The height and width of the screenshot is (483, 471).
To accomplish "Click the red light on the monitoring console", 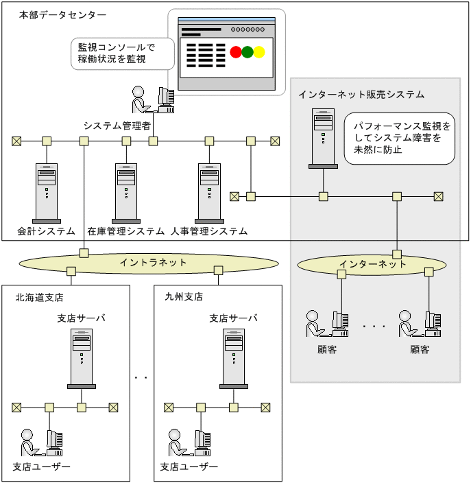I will pos(236,52).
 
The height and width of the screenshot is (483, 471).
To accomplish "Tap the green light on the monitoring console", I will pos(247,52).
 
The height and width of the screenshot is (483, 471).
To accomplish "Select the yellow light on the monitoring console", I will pos(259,52).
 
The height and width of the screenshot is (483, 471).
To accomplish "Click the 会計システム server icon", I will pos(47,189).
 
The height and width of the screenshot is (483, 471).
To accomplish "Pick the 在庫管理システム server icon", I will pos(126,189).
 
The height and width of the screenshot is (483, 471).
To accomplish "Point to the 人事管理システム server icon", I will pos(208,189).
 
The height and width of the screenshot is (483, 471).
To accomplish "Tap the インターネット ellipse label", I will pos(372,264).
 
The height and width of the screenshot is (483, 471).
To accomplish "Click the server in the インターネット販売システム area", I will pos(322,138).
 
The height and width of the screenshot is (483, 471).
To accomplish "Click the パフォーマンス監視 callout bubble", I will pos(399,138).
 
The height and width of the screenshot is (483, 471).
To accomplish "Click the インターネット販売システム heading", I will pos(361,94).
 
